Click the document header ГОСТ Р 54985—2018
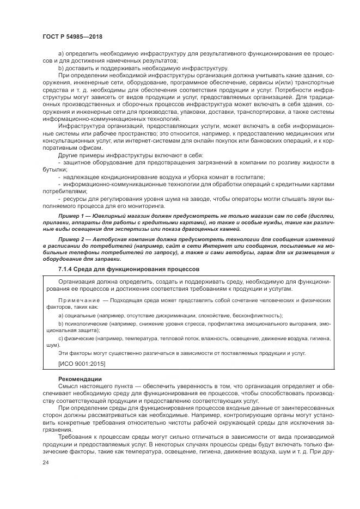[x=72, y=36]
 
